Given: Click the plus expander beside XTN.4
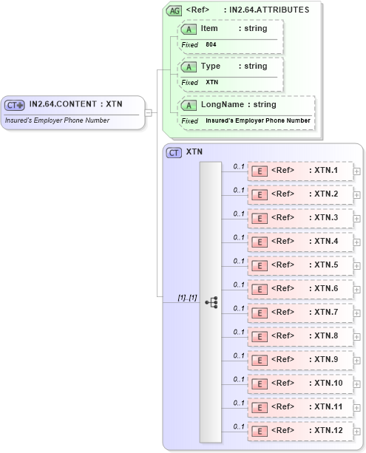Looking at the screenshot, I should (356, 242).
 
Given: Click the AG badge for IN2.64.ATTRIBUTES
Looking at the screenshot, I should (174, 10).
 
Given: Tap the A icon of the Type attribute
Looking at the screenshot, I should (189, 67).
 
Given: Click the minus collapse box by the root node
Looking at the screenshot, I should (149, 112).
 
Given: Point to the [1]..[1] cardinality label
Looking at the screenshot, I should (187, 297).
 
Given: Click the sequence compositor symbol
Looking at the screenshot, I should (211, 302).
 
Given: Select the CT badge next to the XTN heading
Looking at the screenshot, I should (174, 152).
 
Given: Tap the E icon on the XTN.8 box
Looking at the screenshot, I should (260, 336).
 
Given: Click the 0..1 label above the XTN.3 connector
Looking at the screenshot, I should (239, 214).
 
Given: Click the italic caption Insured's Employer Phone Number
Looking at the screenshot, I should (58, 120).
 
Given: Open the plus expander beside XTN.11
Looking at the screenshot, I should (356, 407).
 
